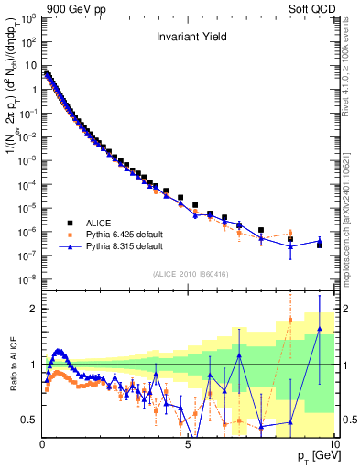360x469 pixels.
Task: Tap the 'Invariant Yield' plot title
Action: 189,38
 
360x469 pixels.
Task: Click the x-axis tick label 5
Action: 188,445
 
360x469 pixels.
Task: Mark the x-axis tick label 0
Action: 42,445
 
